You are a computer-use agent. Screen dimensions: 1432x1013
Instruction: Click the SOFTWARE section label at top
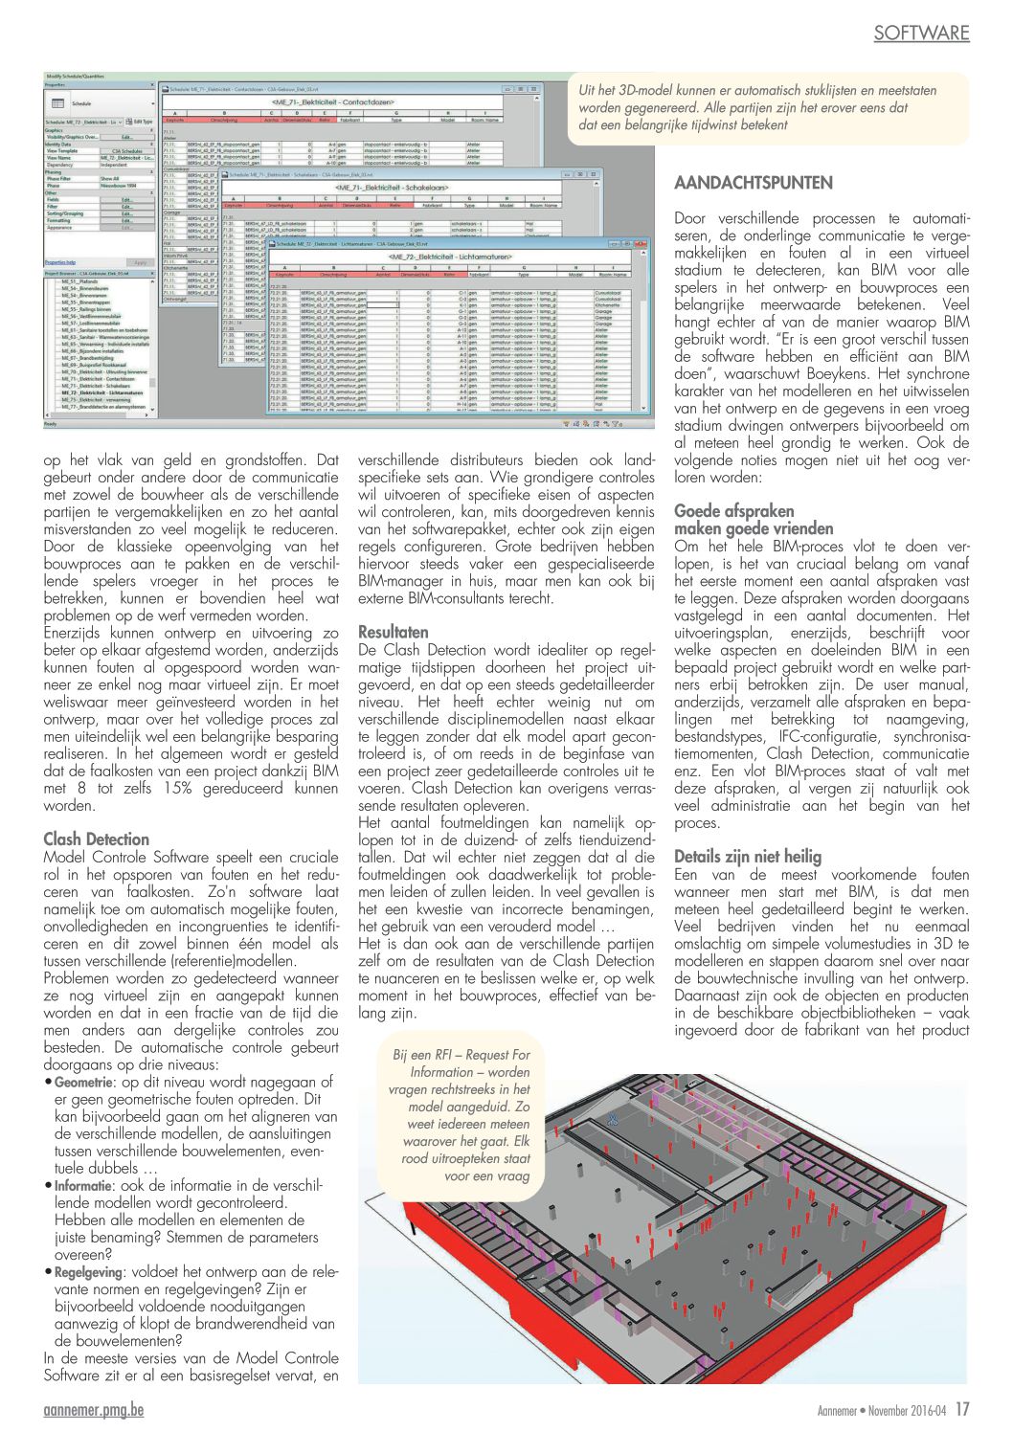(921, 33)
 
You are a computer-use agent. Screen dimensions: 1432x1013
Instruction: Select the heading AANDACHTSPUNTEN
(754, 183)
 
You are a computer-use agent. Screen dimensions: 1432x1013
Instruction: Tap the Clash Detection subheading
(97, 839)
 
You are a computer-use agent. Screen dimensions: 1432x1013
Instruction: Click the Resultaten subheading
(394, 632)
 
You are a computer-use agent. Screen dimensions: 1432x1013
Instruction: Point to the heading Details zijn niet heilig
(748, 857)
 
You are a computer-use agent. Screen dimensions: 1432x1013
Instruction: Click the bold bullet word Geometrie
(81, 1083)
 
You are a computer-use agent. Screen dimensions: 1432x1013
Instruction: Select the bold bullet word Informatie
(83, 1186)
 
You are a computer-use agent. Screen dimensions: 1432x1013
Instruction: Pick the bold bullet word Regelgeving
(88, 1272)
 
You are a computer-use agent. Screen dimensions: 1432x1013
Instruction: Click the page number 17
(961, 1409)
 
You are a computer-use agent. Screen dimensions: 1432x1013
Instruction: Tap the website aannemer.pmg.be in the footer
(94, 1411)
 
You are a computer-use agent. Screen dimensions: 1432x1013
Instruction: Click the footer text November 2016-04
(907, 1410)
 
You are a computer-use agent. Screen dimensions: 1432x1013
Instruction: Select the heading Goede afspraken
(734, 511)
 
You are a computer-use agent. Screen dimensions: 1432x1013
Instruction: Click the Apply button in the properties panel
(140, 262)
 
